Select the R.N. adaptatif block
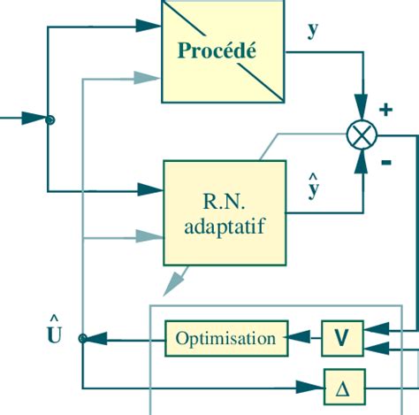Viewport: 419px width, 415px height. point(225,212)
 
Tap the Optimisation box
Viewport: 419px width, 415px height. point(225,338)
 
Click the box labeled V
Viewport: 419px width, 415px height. point(342,338)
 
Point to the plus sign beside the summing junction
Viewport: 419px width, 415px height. point(385,110)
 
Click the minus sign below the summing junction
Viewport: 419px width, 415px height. point(385,162)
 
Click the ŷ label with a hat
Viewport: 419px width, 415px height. point(313,188)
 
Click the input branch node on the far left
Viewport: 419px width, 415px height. point(50,119)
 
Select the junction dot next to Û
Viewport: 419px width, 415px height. point(82,338)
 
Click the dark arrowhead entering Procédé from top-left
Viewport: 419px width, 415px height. point(149,27)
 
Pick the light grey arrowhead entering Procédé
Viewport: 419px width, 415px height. point(149,78)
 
